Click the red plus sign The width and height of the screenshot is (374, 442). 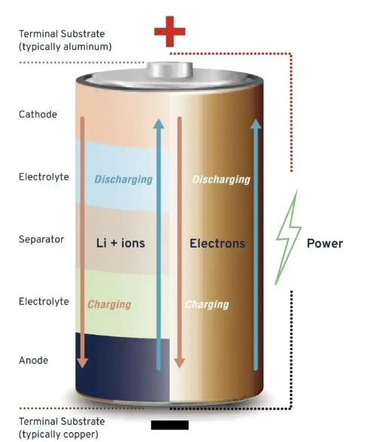pyautogui.click(x=169, y=31)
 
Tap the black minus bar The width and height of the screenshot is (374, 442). pyautogui.click(x=170, y=425)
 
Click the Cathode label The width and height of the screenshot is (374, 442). pyautogui.click(x=38, y=114)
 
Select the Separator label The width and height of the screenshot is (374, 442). pyautogui.click(x=41, y=239)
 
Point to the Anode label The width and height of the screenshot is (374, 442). pyautogui.click(x=33, y=360)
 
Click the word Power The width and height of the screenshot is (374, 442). pyautogui.click(x=324, y=243)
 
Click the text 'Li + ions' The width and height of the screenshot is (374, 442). pyautogui.click(x=121, y=243)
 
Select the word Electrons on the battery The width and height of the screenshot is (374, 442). pyautogui.click(x=217, y=243)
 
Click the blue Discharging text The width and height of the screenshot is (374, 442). pyautogui.click(x=123, y=179)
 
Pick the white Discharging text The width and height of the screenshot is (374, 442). pyautogui.click(x=221, y=179)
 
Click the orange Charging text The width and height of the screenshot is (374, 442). pyautogui.click(x=109, y=304)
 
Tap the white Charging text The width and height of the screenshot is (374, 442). pyautogui.click(x=207, y=304)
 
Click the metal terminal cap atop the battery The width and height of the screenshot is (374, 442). pyautogui.click(x=169, y=70)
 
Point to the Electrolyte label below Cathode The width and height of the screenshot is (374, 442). pyautogui.click(x=44, y=177)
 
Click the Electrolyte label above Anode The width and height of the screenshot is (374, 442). pyautogui.click(x=44, y=301)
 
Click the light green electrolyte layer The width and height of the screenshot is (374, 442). pyautogui.click(x=124, y=286)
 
